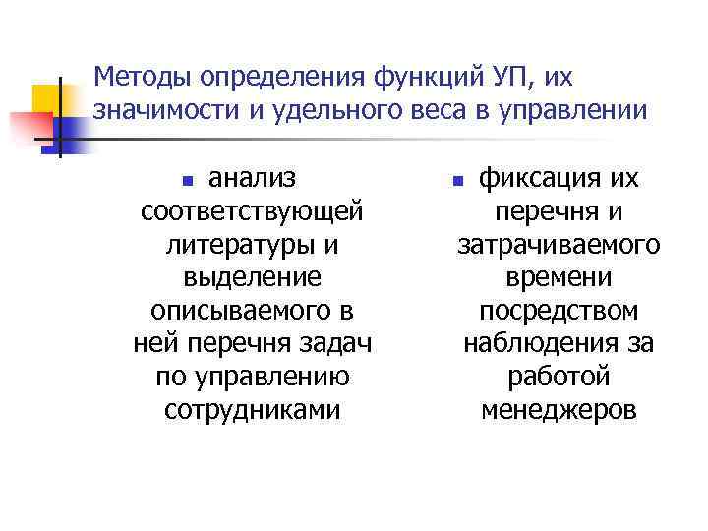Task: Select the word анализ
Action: click(x=254, y=178)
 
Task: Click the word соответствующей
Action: click(x=253, y=211)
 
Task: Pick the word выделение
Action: click(x=252, y=277)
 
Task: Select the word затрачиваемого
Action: click(x=559, y=245)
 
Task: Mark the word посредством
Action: click(x=559, y=311)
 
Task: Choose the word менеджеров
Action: click(x=559, y=410)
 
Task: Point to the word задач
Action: click(x=338, y=344)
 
